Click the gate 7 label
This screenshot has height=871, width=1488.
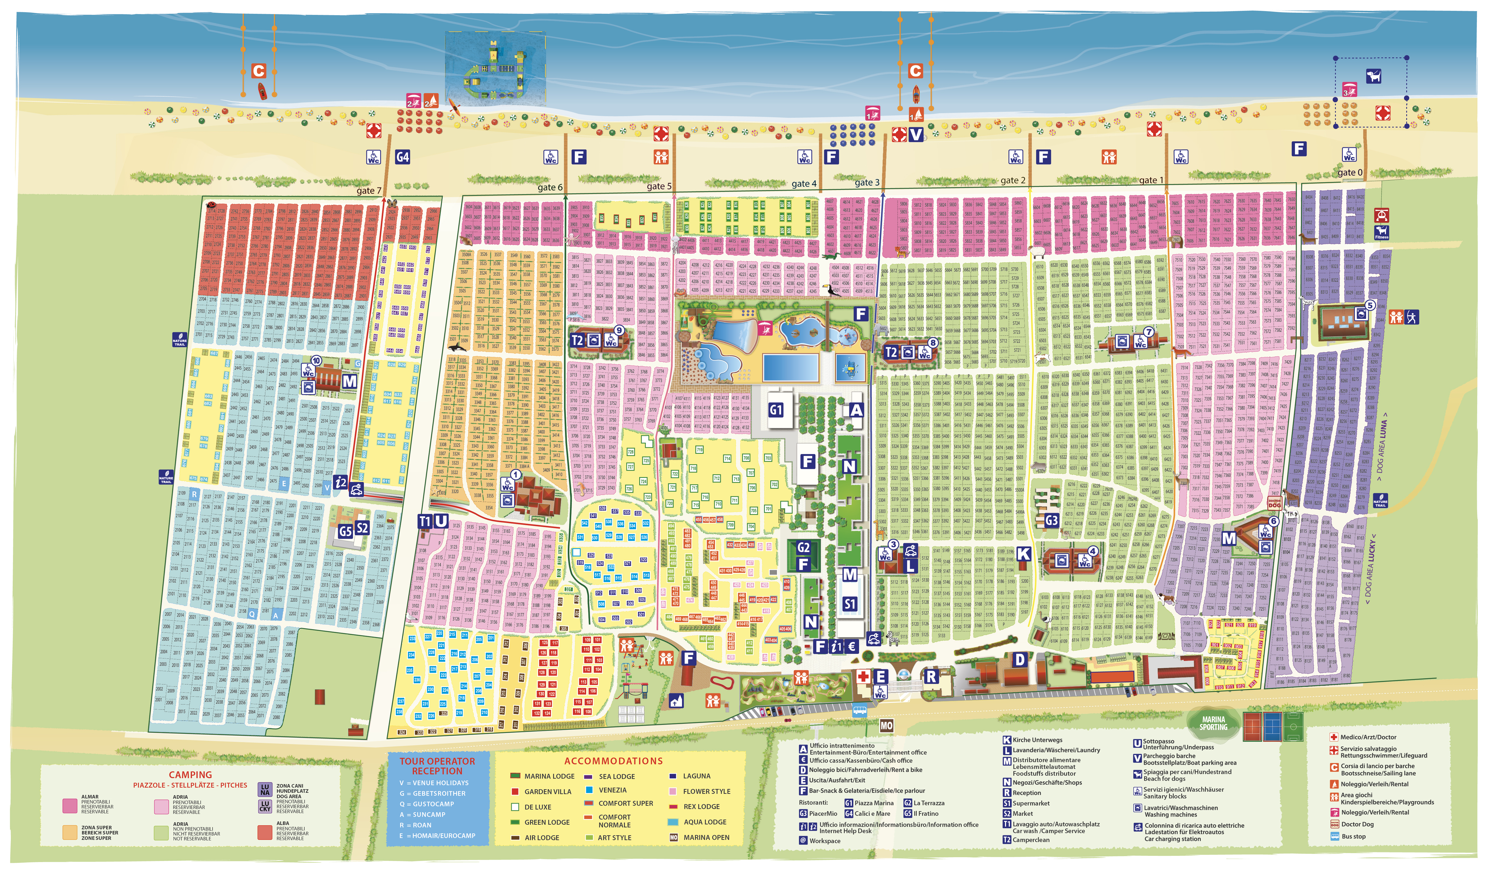point(368,191)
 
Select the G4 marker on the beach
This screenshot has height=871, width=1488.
point(402,157)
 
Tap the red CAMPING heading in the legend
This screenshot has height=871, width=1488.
point(190,775)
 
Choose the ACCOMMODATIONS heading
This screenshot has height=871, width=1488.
point(613,761)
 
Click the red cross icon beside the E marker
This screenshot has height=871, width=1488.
point(863,676)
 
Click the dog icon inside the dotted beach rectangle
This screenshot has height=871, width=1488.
point(1373,76)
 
